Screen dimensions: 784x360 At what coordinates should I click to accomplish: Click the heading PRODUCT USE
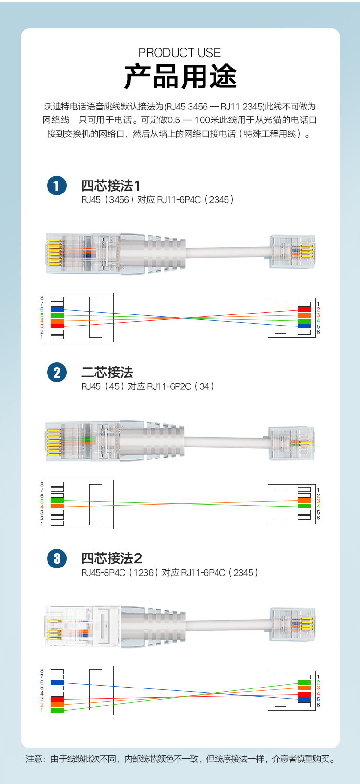point(180,53)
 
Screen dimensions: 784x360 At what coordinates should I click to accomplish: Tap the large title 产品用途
point(180,76)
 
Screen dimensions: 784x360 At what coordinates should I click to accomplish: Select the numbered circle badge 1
point(57,186)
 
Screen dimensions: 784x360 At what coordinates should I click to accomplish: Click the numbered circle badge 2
point(57,373)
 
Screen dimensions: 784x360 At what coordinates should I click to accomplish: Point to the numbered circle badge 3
point(57,558)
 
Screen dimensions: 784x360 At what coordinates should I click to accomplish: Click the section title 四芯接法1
point(110,186)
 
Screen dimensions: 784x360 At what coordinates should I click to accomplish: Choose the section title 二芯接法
point(107,373)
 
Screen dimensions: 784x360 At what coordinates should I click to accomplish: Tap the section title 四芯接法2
point(111,558)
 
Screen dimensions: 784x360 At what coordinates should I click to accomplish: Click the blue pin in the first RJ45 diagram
point(57,310)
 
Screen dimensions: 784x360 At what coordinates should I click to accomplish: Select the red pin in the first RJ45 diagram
point(57,326)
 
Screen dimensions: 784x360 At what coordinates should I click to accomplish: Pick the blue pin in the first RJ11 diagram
point(304,326)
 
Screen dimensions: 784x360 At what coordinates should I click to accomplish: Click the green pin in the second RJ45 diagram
point(57,501)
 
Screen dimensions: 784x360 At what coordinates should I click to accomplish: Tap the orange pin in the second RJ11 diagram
point(304,501)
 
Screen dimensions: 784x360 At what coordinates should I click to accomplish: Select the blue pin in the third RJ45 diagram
point(57,682)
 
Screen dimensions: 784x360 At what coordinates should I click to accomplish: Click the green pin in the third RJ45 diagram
point(57,710)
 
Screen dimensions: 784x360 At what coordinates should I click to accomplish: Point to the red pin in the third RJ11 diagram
point(304,694)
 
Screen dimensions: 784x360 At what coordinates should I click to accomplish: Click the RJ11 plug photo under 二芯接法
point(292,443)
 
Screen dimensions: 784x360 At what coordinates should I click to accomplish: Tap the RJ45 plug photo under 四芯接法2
point(82,625)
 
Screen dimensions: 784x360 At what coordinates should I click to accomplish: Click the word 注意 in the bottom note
point(34,759)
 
